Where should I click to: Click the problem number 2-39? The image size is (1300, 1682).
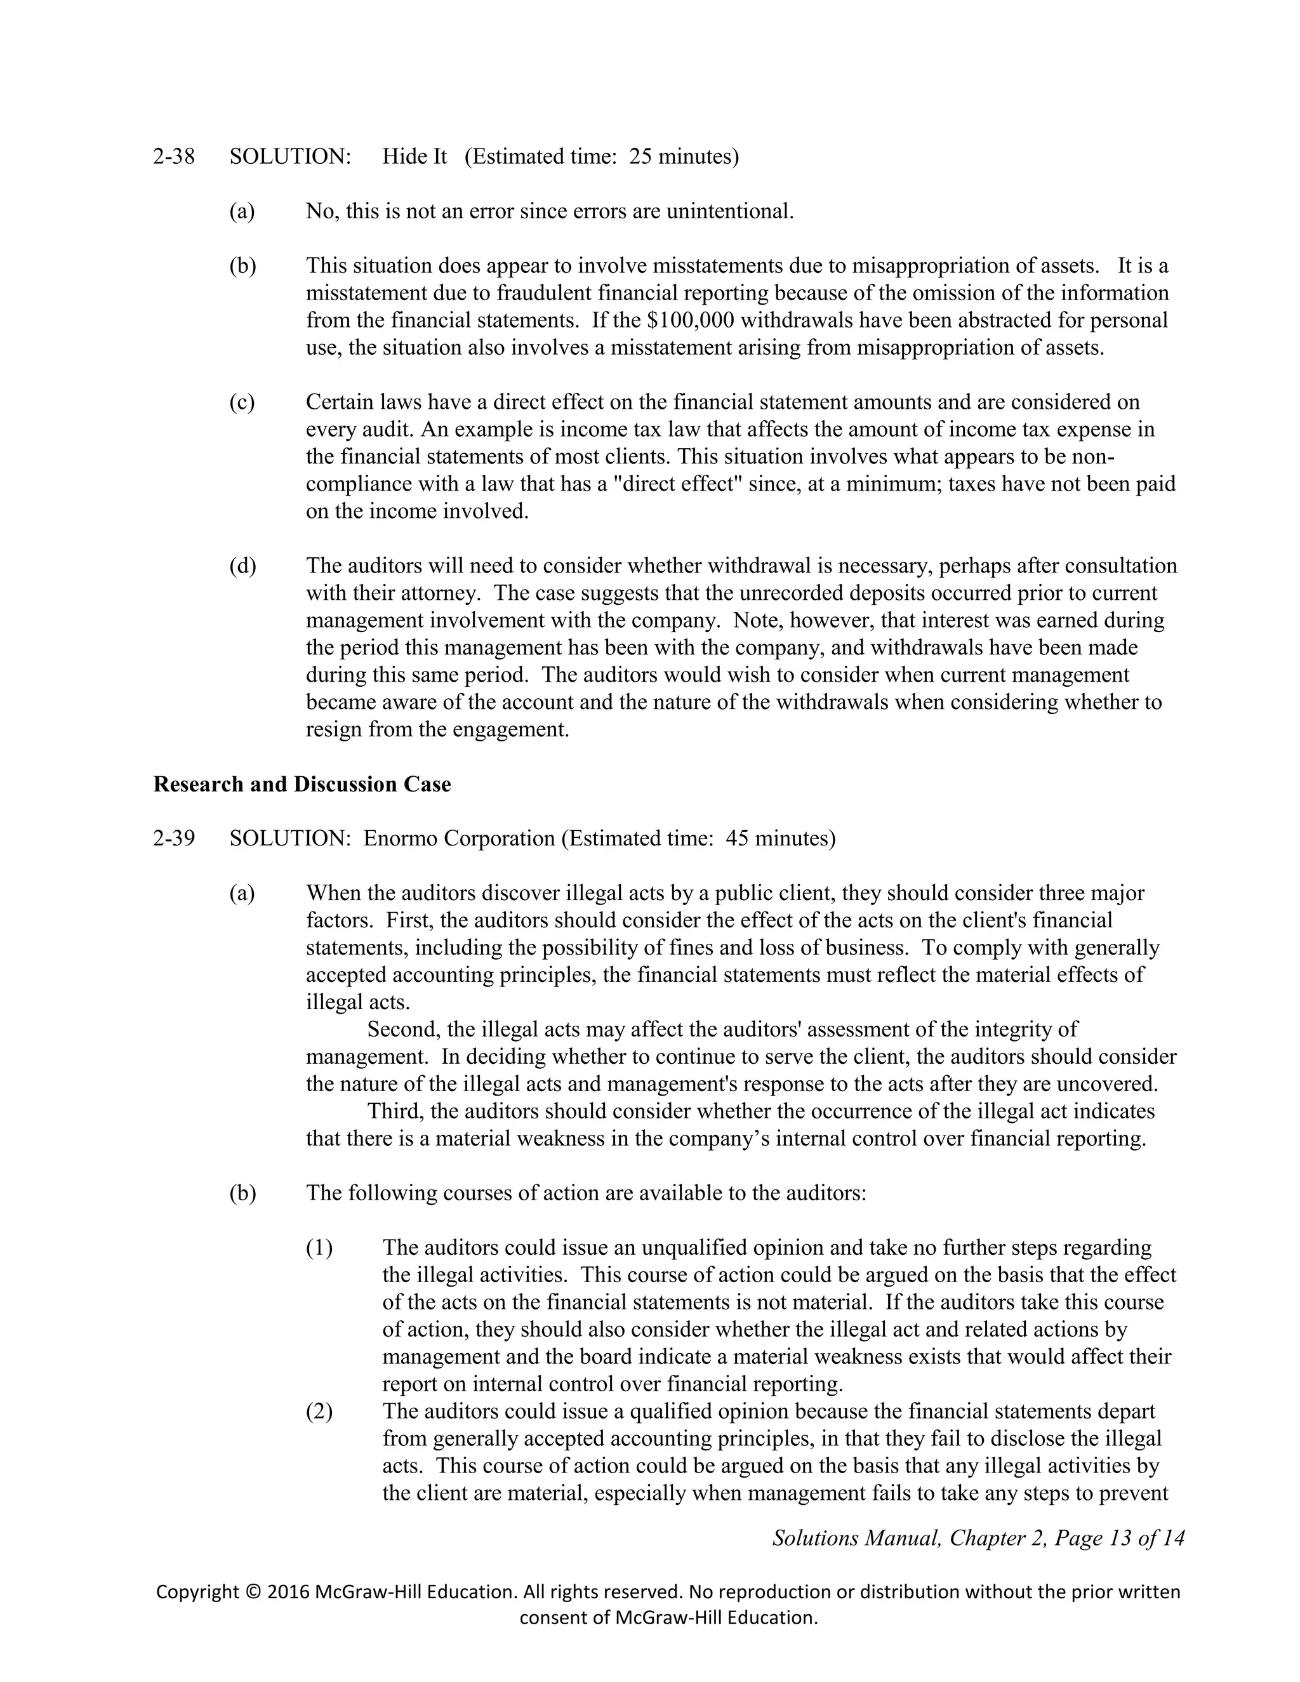point(174,838)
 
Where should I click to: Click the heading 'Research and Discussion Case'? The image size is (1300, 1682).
point(302,784)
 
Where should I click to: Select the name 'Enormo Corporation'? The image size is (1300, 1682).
point(459,838)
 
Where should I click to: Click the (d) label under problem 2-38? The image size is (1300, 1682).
point(242,566)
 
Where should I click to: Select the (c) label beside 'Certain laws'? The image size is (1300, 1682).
point(242,402)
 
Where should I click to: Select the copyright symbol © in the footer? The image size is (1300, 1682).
point(253,1592)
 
